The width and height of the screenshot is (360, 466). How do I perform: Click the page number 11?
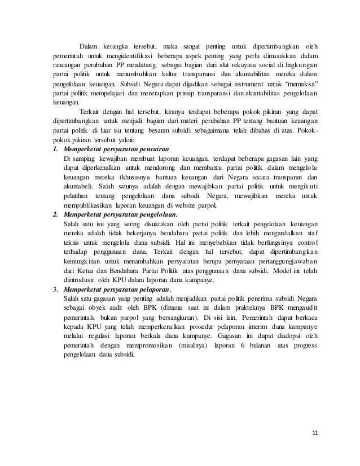tap(315, 433)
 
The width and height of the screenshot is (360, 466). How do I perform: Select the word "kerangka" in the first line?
tap(113, 46)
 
